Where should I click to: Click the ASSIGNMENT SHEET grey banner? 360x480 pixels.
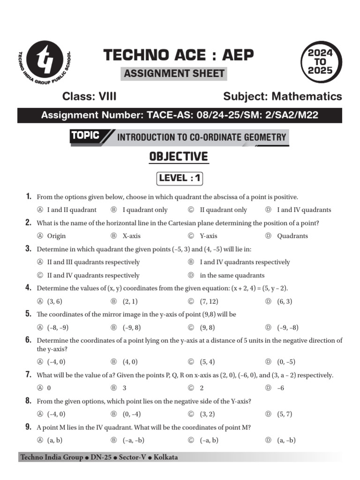click(174, 74)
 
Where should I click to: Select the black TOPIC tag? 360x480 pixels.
click(85, 136)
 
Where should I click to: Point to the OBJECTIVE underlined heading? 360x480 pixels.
click(179, 157)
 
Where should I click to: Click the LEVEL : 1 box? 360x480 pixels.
click(180, 178)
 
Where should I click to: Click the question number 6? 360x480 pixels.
click(29, 340)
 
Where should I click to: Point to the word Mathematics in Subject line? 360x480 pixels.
click(307, 97)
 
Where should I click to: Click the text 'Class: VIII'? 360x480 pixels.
click(90, 97)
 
